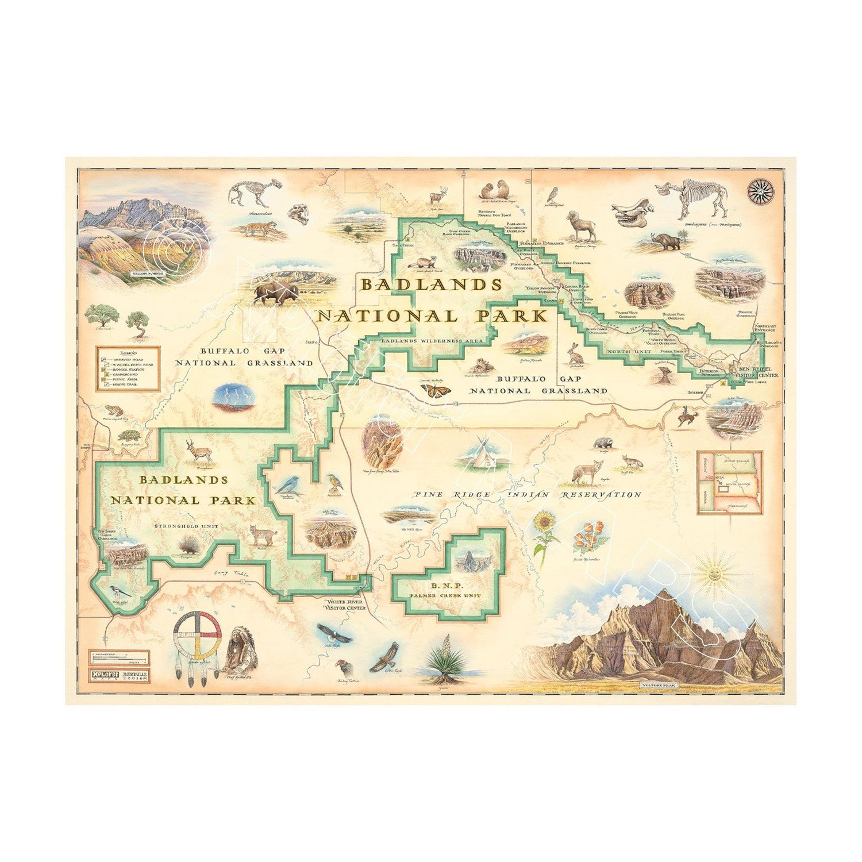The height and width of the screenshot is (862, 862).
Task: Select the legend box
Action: (x=124, y=368)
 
